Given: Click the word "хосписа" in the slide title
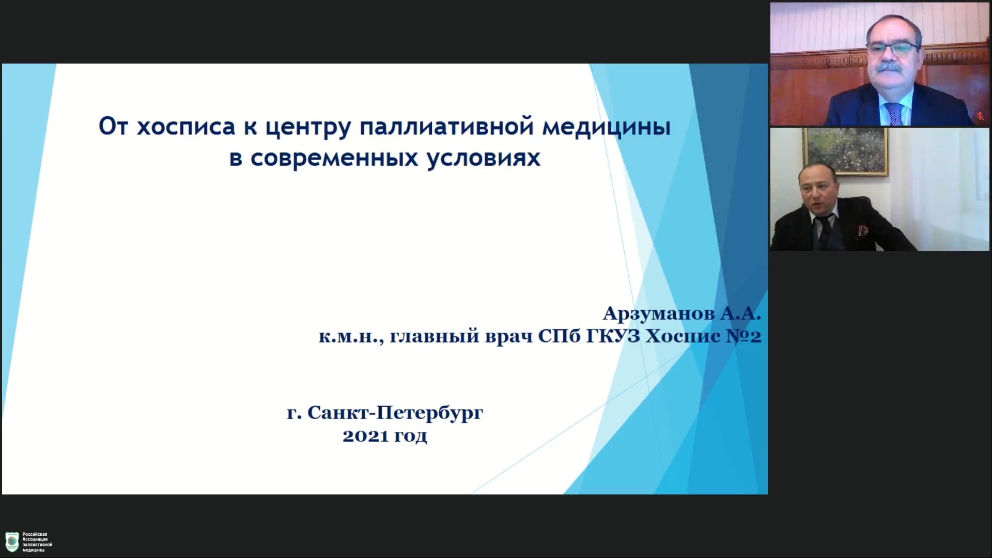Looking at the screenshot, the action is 186,127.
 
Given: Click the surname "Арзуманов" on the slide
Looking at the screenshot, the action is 659,313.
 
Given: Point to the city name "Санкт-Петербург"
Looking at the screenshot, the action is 395,413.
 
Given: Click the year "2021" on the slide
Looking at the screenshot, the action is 365,436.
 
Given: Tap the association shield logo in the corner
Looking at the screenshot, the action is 12,542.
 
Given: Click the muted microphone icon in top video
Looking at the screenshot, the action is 980,116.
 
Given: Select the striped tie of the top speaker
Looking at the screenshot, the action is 895,114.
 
